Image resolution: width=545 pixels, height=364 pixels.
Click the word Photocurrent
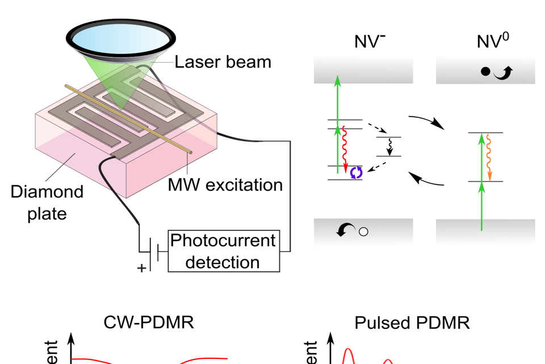coord(223,240)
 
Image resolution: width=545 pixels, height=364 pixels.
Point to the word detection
coord(223,262)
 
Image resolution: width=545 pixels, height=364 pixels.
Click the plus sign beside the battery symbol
coord(141,268)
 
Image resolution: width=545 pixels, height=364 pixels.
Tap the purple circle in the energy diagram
coord(356,172)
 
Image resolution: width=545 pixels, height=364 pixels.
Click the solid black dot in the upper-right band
coord(485,72)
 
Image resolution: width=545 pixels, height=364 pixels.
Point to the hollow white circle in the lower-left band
coord(364,232)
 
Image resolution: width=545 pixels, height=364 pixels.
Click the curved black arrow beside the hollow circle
coord(345,230)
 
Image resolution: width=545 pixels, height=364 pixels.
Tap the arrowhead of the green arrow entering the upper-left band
coord(338,81)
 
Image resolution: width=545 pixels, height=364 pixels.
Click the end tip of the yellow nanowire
coord(190,152)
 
